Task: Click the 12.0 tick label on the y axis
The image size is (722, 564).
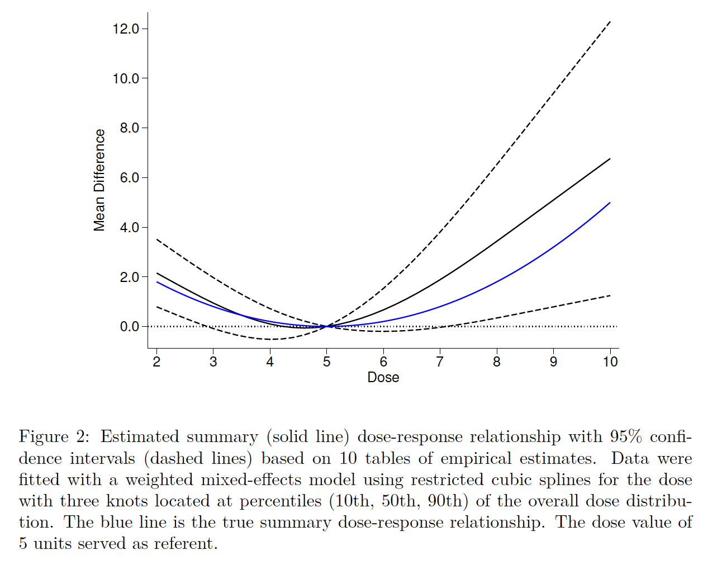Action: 126,29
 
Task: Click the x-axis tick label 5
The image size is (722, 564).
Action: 326,362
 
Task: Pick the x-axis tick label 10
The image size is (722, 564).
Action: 610,362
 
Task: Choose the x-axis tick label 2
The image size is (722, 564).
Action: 156,362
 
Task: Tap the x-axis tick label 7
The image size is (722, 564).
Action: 440,362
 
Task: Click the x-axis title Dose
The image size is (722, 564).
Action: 383,378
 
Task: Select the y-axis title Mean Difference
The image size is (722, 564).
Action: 99,180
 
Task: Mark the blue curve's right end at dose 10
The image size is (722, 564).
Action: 610,203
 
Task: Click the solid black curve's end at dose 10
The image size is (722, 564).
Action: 610,159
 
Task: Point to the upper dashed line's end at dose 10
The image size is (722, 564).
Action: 610,21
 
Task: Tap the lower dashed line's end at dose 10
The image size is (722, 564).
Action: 610,295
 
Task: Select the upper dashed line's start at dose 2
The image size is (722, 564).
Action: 157,239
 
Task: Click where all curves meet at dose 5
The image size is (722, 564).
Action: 327,326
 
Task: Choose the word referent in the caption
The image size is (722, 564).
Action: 183,544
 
